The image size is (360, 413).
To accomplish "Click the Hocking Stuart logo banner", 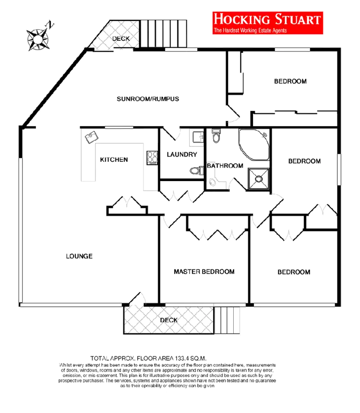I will point(267,23).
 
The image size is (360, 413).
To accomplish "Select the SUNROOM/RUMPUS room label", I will point(148,99).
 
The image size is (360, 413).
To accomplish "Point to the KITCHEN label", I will point(114,159).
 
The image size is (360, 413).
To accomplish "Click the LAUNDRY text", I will point(181,155).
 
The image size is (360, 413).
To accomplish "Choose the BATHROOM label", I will point(225,166).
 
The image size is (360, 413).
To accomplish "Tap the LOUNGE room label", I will point(79,256).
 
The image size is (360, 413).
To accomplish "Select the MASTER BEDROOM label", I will point(204,272).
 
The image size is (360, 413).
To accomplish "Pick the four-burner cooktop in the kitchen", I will point(153,158).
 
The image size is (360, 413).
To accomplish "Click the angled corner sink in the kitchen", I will point(91,138).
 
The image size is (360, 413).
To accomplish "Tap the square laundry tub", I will point(197,137).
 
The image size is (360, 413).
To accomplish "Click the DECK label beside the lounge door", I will point(169,320).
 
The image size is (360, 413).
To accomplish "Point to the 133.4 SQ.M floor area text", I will point(148,358).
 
